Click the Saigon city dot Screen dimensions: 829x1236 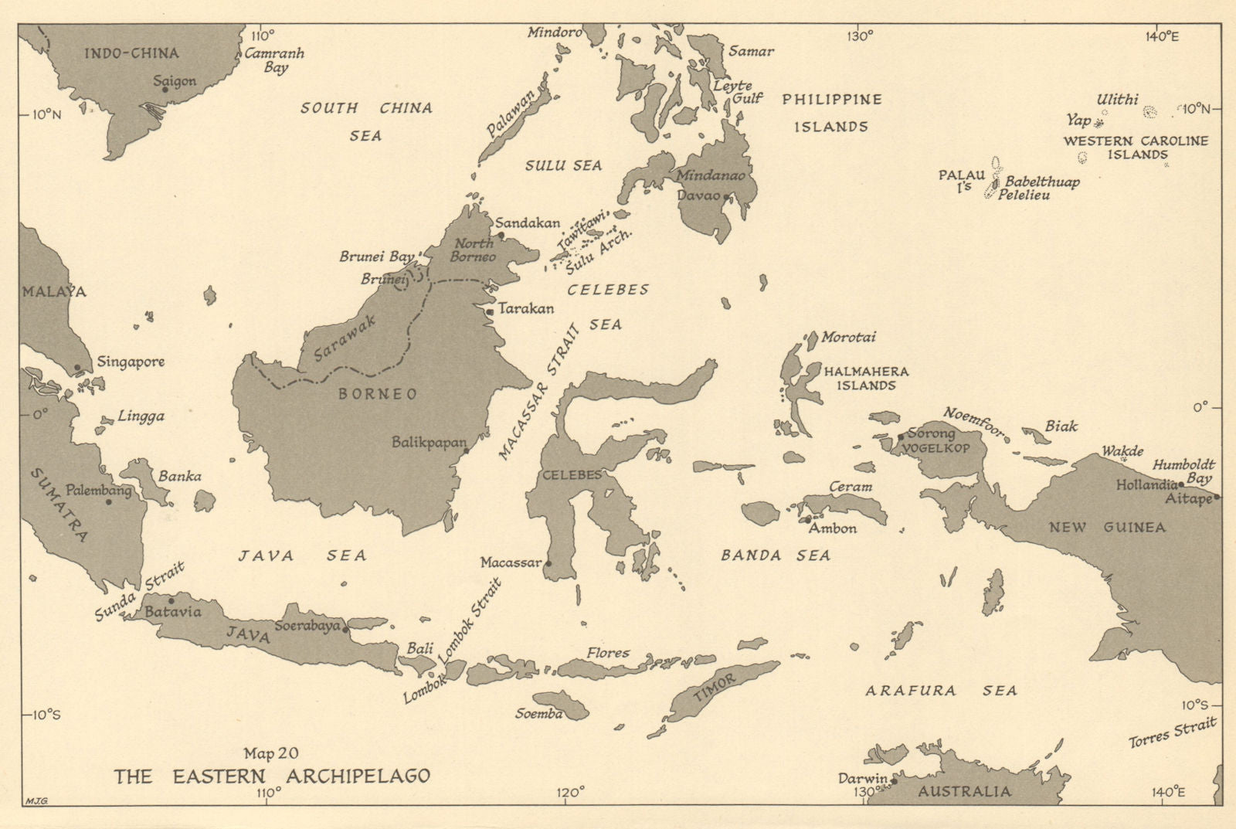[165, 90]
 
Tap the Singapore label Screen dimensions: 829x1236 [130, 362]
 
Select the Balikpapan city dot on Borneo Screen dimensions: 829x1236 [466, 450]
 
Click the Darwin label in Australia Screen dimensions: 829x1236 [862, 779]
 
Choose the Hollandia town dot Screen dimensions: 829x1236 [1180, 484]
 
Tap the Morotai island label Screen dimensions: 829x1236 [848, 338]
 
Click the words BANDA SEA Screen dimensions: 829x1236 [776, 555]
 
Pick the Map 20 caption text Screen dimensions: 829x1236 [271, 753]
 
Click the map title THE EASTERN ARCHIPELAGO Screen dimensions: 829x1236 [272, 776]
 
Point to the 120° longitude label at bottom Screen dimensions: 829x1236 [570, 791]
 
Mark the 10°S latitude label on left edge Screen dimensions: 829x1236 [46, 714]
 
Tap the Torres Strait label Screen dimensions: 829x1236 [1172, 731]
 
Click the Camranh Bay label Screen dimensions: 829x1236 [274, 60]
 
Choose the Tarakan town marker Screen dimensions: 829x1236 [491, 311]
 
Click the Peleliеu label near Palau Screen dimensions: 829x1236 [1024, 195]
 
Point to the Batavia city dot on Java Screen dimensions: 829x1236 [171, 600]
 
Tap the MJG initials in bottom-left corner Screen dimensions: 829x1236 [36, 800]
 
